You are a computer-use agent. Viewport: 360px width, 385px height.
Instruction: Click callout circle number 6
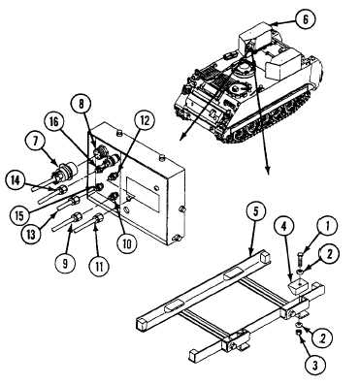coord(306,19)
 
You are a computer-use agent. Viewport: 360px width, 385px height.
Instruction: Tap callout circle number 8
coord(82,104)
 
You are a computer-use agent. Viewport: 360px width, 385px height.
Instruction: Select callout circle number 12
coord(144,121)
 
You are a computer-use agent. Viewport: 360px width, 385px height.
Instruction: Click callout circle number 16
coord(53,124)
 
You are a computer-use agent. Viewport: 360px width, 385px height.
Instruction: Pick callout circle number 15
coord(19,215)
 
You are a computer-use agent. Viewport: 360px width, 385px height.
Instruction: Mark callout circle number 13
coord(31,234)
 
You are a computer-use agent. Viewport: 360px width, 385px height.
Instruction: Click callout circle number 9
coord(65,264)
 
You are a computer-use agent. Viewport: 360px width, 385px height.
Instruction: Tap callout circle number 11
coord(99,267)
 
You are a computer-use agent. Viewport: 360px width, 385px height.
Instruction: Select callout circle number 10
coord(126,243)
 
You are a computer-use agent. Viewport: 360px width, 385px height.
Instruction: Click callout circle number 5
coord(255,213)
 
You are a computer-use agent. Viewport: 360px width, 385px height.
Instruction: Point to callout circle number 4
coord(284,227)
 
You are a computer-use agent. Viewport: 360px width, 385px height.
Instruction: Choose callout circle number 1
coord(327,226)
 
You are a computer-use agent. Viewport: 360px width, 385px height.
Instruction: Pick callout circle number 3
coord(315,366)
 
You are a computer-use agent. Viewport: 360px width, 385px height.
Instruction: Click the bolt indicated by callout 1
coord(299,260)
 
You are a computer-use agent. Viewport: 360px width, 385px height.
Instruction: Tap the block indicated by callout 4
coord(298,286)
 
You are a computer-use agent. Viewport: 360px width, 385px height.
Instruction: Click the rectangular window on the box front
coord(143,194)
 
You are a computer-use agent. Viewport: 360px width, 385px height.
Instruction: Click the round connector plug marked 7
coord(66,169)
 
